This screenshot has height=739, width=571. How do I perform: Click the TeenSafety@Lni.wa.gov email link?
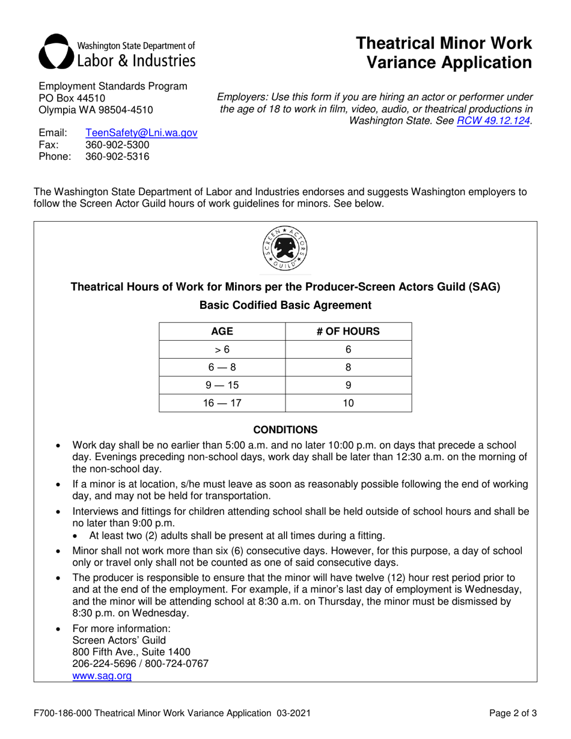click(141, 133)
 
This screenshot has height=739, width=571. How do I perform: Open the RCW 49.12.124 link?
click(494, 121)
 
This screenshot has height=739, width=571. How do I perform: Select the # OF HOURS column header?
click(348, 332)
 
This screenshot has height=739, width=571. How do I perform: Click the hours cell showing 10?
click(348, 403)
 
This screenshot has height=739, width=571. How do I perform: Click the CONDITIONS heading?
click(285, 430)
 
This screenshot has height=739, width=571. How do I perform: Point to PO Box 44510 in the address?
click(72, 98)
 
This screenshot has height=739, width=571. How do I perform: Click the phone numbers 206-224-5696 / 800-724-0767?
click(140, 664)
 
